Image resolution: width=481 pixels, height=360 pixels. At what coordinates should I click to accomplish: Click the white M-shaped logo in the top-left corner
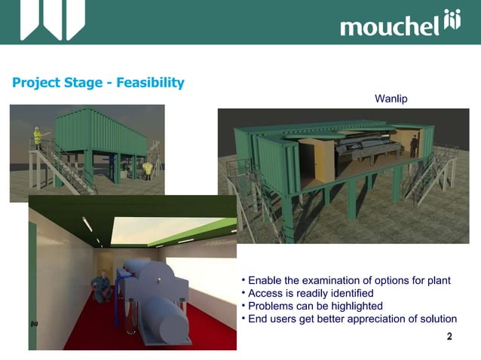[52, 19]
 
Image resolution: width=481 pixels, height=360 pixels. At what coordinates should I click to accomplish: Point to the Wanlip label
[391, 99]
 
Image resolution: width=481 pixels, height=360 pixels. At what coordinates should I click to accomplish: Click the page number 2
[449, 337]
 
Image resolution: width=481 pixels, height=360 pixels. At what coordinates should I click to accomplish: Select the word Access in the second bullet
[265, 293]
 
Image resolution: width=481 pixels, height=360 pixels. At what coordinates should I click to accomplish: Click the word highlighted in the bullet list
[355, 306]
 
